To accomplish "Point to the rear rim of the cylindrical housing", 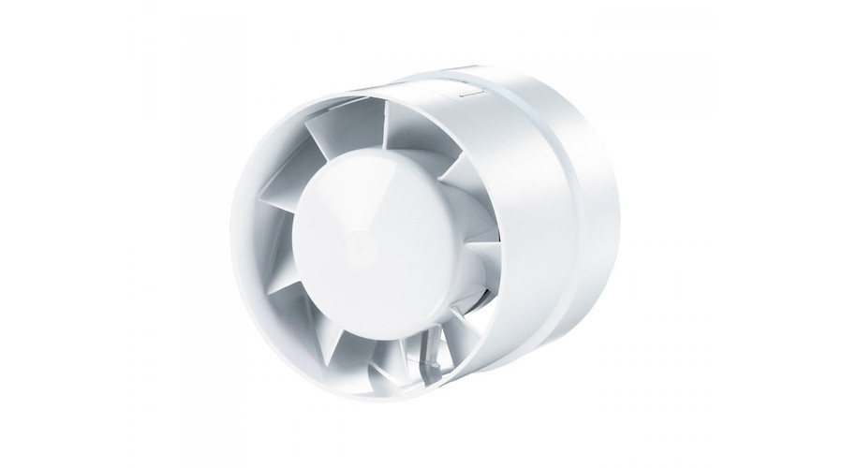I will (599, 225).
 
